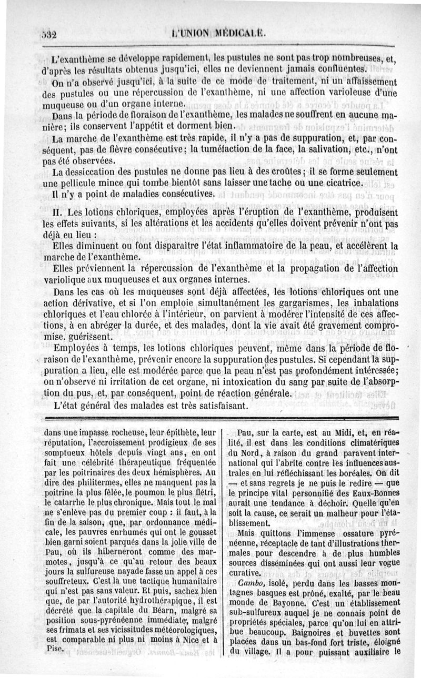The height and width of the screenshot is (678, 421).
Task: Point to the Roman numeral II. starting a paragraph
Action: [48, 212]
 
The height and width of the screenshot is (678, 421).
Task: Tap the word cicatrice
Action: [338, 183]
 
